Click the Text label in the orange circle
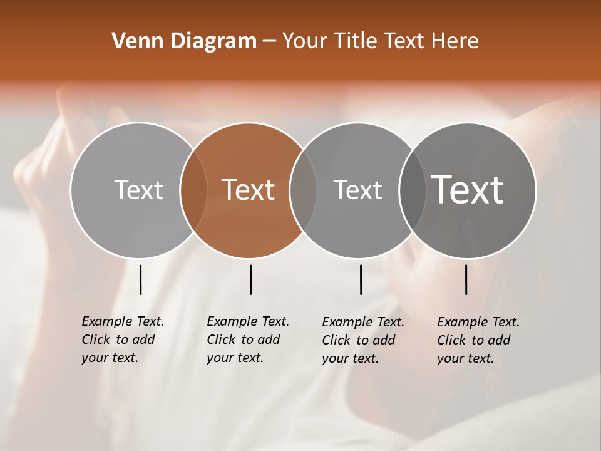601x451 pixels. [249, 190]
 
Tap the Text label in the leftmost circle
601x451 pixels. [138, 190]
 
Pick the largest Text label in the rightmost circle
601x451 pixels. [468, 190]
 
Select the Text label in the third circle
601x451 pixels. [357, 190]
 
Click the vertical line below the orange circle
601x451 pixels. [250, 279]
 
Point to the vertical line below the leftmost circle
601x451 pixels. [140, 279]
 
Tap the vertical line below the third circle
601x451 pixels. [361, 279]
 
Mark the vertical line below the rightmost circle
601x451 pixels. [466, 279]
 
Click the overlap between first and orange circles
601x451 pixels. [193, 190]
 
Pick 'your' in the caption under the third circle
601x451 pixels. [336, 358]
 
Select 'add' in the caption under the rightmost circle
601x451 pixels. [500, 340]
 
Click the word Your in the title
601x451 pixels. [304, 41]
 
